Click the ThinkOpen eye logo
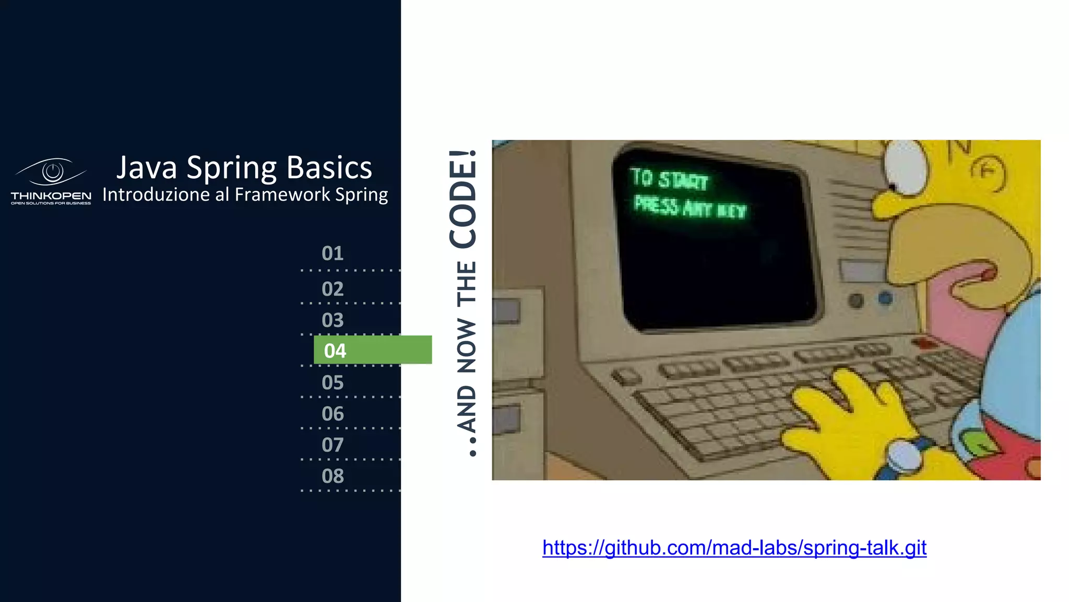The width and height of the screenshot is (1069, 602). tap(51, 172)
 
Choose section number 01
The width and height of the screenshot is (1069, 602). tap(332, 253)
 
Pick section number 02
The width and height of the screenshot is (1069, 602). tap(332, 289)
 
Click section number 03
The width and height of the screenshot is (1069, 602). tap(332, 320)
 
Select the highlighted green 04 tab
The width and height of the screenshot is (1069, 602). tap(372, 350)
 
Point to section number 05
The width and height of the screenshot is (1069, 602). tap(332, 383)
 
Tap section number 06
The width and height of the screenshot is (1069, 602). tap(332, 414)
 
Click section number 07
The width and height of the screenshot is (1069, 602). tap(332, 445)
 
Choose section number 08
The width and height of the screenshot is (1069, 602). tap(332, 477)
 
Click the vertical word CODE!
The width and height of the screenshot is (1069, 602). tap(464, 199)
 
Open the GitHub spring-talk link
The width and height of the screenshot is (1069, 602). tap(734, 548)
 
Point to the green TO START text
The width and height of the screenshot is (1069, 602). tap(669, 179)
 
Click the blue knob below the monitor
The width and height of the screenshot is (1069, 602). tap(885, 298)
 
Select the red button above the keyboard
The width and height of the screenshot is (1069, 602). tap(925, 343)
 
